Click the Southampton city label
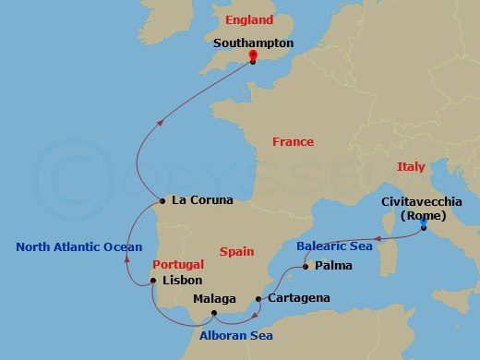tap(253, 42)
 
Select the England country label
tap(249, 19)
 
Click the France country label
tap(293, 141)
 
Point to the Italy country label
tap(411, 167)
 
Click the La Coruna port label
tap(202, 199)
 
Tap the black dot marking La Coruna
tap(162, 200)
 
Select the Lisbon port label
tap(182, 280)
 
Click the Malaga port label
tap(214, 299)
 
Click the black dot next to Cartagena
tap(257, 300)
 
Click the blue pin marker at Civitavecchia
tap(423, 223)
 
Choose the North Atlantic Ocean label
tap(78, 246)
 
